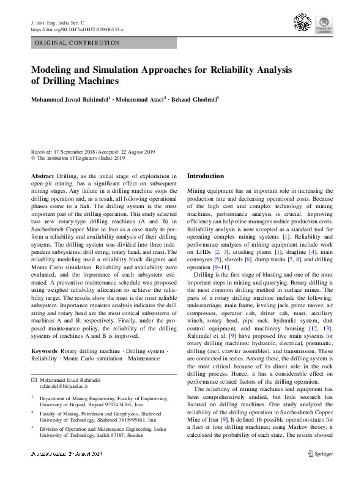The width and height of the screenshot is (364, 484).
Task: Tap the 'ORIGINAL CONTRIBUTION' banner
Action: click(x=77, y=43)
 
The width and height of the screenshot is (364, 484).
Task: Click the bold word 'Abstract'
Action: click(x=42, y=176)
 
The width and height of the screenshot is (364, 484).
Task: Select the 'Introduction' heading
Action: click(x=206, y=176)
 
